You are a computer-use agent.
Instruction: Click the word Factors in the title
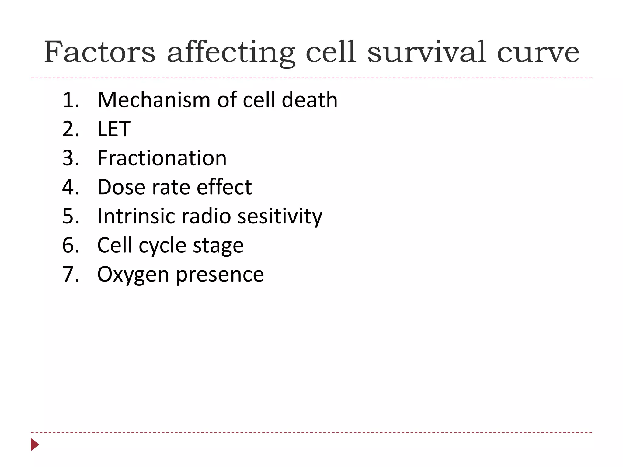click(x=100, y=52)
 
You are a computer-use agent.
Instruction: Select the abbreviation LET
click(x=114, y=129)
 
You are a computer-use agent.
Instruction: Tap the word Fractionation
click(x=162, y=158)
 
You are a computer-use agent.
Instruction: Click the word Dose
click(x=121, y=187)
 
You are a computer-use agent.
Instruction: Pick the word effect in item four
click(x=224, y=187)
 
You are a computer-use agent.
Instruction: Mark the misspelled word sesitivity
click(x=280, y=217)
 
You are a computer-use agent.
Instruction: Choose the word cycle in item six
click(x=162, y=246)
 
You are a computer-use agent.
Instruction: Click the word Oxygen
click(x=133, y=275)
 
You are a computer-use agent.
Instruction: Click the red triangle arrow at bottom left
click(x=35, y=445)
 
